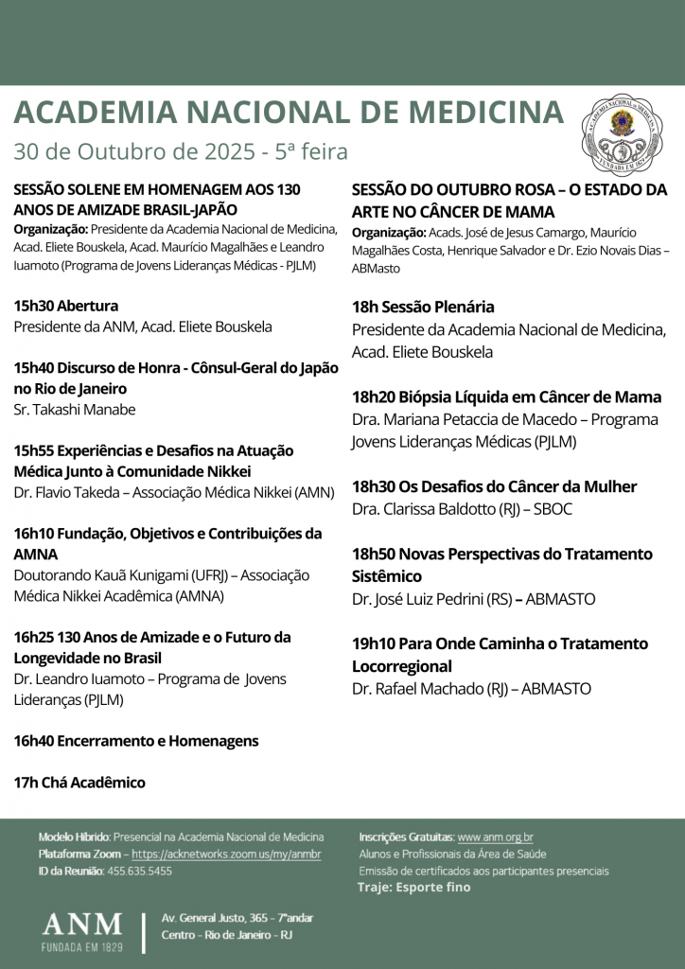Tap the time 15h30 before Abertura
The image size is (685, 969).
33,306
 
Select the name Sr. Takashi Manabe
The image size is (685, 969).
75,410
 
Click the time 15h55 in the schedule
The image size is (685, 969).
33,450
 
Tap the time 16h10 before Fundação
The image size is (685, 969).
33,533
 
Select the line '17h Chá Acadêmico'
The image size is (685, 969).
79,783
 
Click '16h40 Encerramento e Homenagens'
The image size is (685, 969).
135,741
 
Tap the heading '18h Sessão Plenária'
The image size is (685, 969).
423,307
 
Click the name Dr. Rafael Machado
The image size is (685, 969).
416,689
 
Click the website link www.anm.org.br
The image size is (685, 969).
495,837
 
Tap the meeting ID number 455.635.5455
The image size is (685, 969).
140,871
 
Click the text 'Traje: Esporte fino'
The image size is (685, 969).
413,888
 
